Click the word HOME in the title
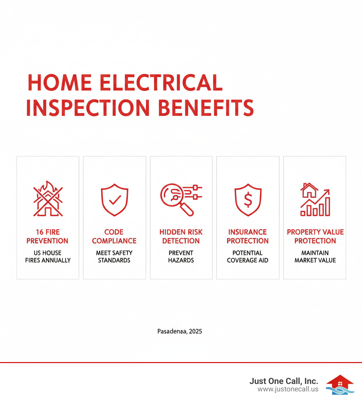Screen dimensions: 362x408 [60, 83]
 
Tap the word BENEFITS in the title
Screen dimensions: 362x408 [206, 108]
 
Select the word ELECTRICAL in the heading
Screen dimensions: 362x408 [161, 83]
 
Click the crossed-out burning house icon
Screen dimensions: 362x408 [48, 199]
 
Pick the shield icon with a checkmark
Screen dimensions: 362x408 [115, 200]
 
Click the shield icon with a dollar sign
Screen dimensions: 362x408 [248, 200]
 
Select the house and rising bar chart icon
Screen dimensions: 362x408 [315, 199]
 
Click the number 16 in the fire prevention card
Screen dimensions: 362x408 [40, 232]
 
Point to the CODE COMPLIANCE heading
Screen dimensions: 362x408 [114, 236]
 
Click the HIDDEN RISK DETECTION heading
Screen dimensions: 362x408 [181, 236]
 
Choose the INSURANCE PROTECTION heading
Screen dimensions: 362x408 [247, 236]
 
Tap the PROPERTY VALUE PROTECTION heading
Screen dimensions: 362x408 [315, 236]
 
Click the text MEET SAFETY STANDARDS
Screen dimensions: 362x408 [114, 257]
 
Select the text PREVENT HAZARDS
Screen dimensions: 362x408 [181, 257]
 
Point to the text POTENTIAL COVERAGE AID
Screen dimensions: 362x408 [247, 257]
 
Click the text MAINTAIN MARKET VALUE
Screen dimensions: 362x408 [315, 257]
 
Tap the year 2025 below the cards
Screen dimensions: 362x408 [195, 331]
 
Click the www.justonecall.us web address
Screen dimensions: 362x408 [288, 389]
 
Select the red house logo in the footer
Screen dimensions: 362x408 [340, 385]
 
